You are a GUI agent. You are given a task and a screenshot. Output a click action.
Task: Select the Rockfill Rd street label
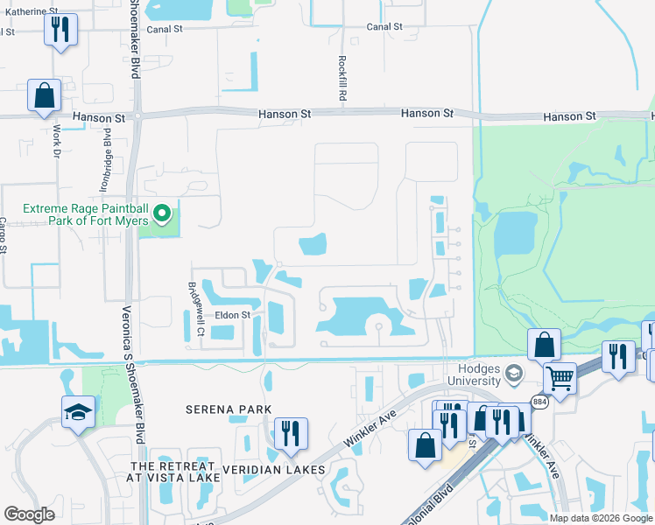(341, 78)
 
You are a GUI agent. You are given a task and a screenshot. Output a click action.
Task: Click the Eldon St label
(233, 314)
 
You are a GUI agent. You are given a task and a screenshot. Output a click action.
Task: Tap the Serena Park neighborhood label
(229, 409)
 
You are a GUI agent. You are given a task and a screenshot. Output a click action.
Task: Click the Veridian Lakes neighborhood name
(273, 470)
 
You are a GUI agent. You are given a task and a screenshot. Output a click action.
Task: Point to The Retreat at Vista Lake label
(173, 470)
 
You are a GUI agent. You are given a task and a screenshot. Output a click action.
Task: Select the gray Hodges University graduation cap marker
(513, 374)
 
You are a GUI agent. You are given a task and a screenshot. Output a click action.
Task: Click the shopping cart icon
(560, 378)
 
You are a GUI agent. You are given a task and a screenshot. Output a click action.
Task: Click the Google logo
(30, 514)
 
